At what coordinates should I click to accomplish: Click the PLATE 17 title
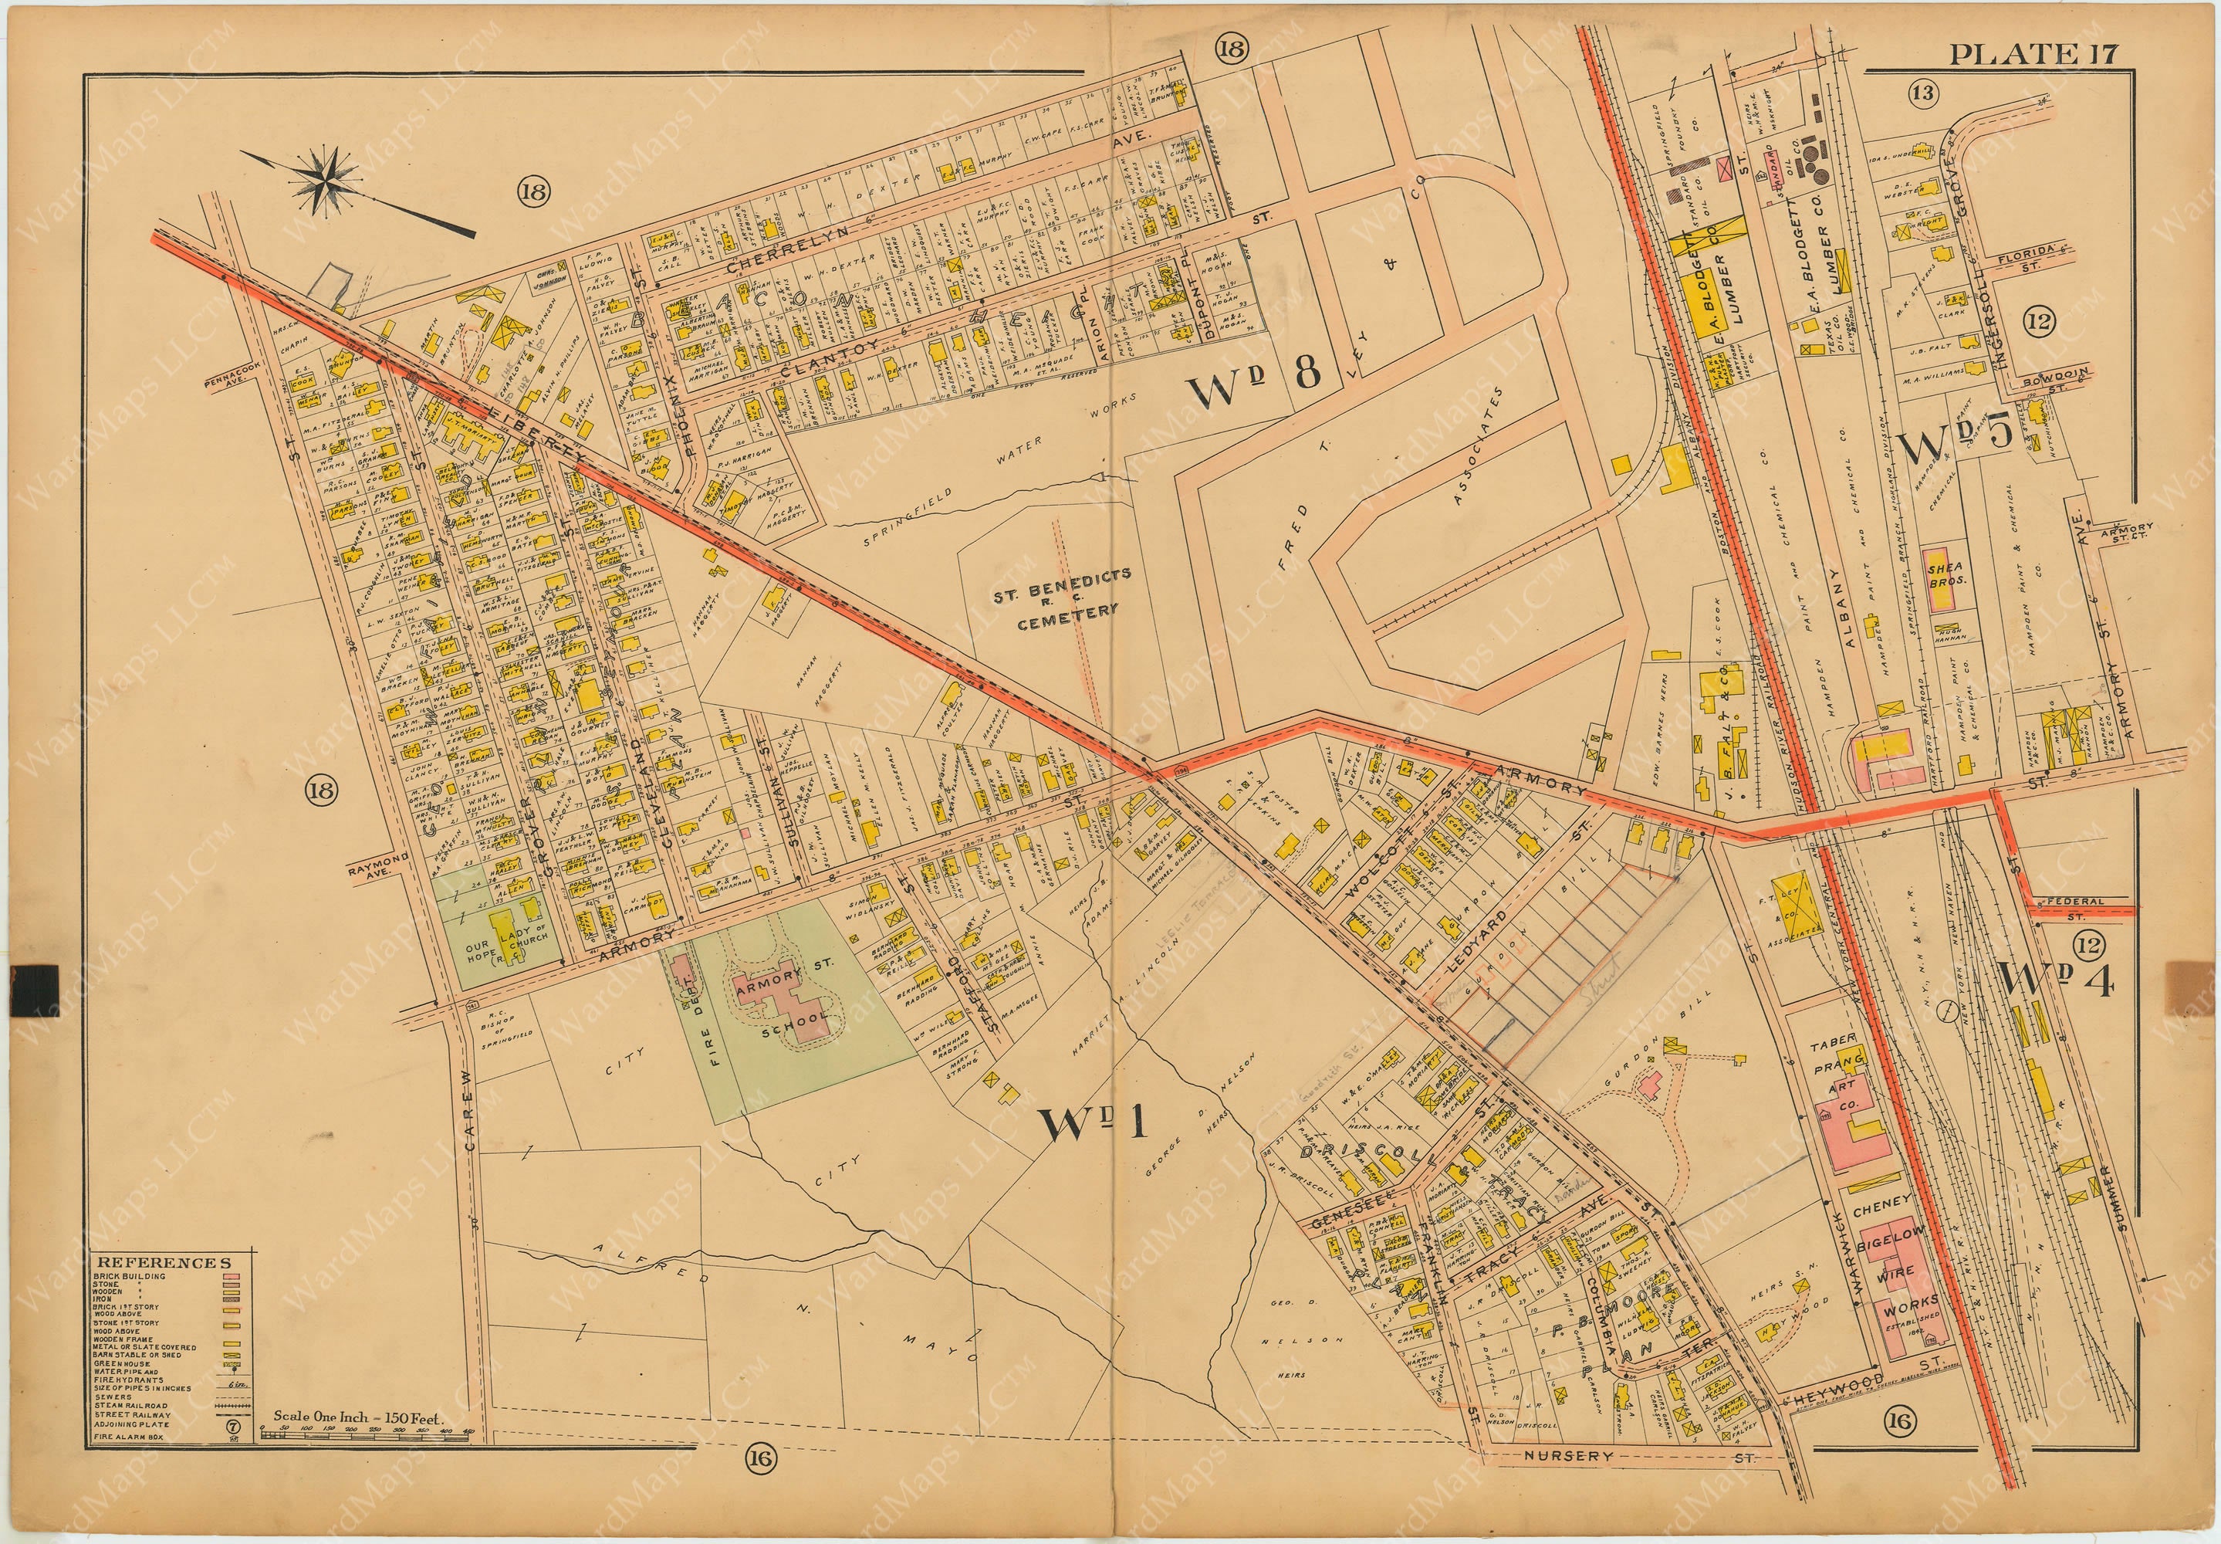point(2031,53)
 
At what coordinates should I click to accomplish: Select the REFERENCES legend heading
point(161,1261)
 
